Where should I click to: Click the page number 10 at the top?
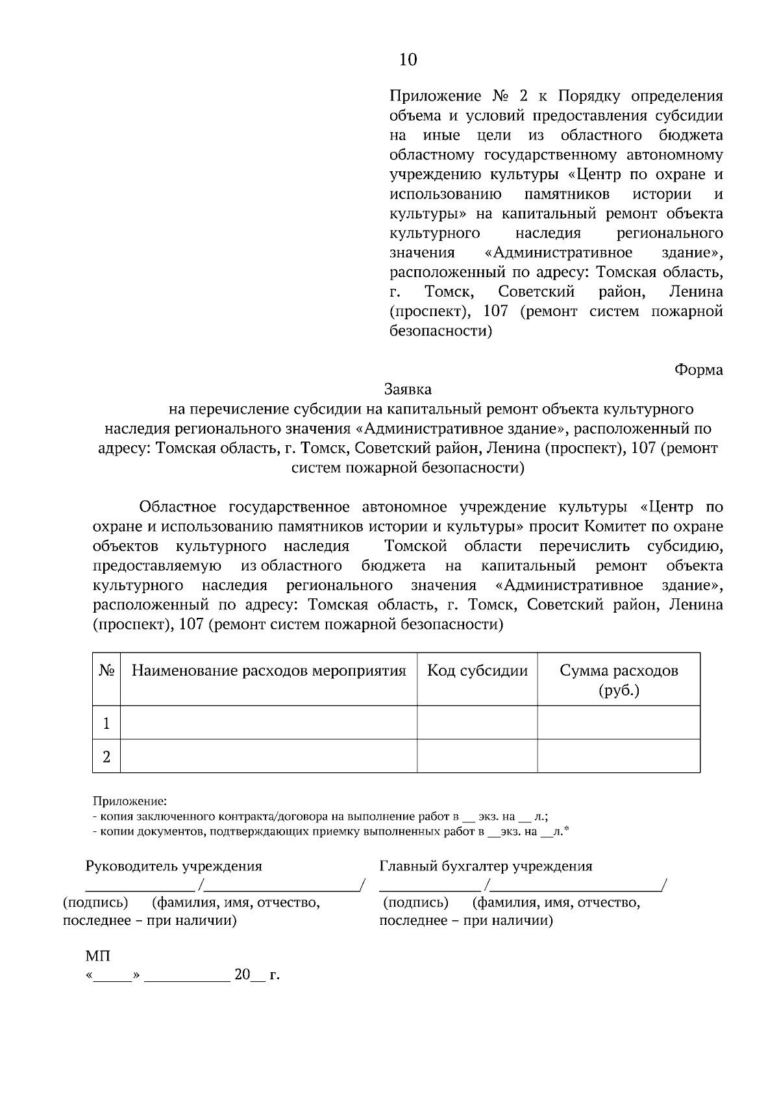[408, 60]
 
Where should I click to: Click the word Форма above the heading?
[699, 370]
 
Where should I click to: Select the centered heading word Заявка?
[408, 389]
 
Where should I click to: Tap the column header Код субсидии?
[477, 670]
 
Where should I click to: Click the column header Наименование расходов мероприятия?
[269, 670]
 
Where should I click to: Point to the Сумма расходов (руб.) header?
[619, 680]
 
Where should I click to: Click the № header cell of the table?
[106, 670]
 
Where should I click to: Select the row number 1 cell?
[106, 723]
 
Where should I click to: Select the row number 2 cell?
[106, 757]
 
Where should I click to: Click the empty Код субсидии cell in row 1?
[477, 723]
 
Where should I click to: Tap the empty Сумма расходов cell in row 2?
[619, 757]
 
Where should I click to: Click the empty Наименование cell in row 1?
[269, 723]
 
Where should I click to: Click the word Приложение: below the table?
[130, 802]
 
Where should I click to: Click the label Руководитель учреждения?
[174, 866]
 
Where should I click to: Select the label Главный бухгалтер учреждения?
[486, 866]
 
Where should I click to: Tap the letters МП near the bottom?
[98, 957]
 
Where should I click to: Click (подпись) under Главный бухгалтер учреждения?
[415, 903]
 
